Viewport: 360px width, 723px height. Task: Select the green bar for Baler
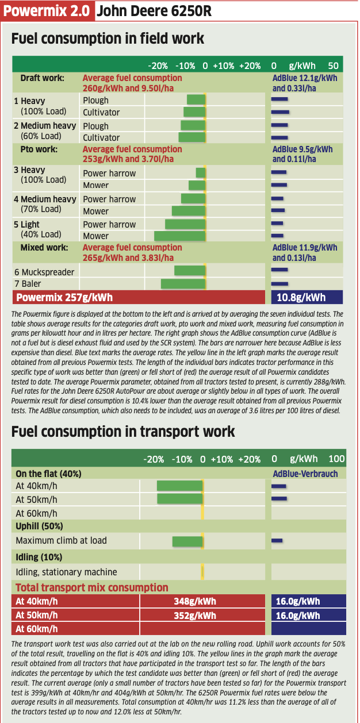[x=183, y=284]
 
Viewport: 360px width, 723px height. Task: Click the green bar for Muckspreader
[x=190, y=271]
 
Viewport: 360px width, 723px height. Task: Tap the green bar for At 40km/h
[x=180, y=486]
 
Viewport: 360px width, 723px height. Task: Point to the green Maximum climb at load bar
[x=187, y=541]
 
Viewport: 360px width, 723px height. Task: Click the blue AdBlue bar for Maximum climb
[x=277, y=540]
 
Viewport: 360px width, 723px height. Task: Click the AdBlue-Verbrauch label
[x=305, y=474]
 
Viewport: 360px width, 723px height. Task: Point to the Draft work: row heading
[x=43, y=78]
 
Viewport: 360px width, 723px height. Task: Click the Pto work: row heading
[x=39, y=149]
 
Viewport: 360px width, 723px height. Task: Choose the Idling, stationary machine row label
[x=67, y=572]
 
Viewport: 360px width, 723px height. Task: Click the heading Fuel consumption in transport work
[x=123, y=432]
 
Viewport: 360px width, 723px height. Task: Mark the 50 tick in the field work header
[x=333, y=66]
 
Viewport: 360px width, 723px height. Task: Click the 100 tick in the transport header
[x=337, y=459]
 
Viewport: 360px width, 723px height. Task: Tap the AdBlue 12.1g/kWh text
[x=305, y=78]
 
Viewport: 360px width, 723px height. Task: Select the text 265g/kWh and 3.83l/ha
[x=128, y=257]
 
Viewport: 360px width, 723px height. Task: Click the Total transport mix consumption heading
[x=92, y=587]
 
